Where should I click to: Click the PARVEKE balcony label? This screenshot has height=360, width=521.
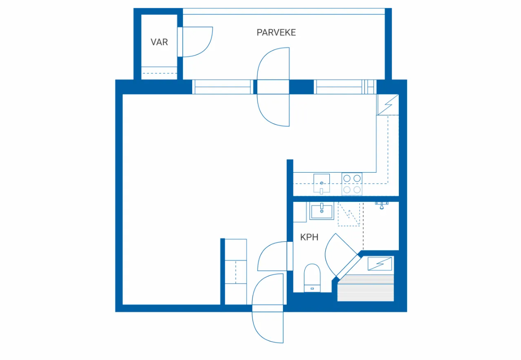(x=276, y=33)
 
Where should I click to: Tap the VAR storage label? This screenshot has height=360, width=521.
(x=159, y=42)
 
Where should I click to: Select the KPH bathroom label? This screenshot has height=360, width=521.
(x=309, y=237)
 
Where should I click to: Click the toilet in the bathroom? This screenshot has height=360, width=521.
(x=312, y=278)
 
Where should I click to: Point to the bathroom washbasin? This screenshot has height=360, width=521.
(x=322, y=211)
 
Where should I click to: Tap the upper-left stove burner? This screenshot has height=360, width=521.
(x=347, y=179)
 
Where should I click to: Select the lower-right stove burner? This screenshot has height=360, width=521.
(x=357, y=190)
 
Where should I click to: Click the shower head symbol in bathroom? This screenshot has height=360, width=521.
(x=382, y=205)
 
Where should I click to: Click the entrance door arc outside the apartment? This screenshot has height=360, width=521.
(x=258, y=329)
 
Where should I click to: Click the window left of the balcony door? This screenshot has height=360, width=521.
(x=223, y=87)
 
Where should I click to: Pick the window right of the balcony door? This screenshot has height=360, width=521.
(x=345, y=87)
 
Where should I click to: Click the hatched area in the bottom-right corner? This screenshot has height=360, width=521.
(x=366, y=288)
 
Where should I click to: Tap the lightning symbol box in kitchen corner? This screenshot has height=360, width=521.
(x=388, y=105)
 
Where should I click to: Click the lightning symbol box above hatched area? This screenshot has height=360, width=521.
(x=380, y=264)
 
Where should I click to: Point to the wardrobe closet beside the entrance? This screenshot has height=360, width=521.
(x=236, y=271)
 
